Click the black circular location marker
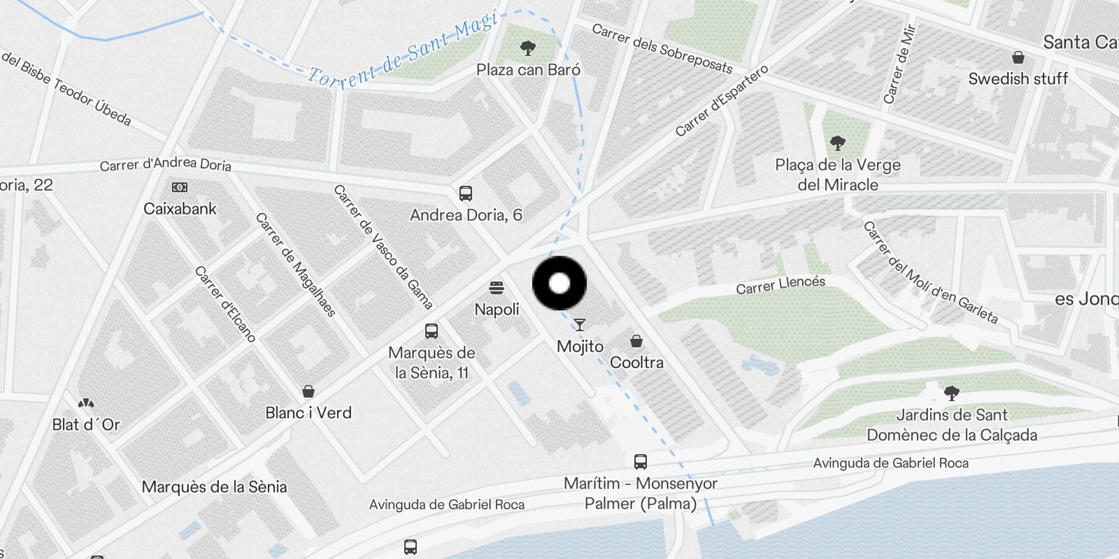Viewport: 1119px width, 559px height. click(x=559, y=283)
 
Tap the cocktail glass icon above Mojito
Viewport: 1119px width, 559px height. click(x=580, y=324)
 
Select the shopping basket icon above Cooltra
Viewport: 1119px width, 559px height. click(x=636, y=341)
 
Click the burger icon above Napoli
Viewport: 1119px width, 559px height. click(x=497, y=287)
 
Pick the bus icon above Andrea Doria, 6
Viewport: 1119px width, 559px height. click(x=465, y=194)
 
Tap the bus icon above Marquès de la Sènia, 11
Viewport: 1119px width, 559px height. click(x=432, y=331)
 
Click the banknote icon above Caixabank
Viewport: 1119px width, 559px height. click(x=180, y=187)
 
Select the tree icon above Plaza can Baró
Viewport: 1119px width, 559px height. click(x=528, y=48)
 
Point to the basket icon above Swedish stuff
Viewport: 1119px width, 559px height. click(x=1018, y=57)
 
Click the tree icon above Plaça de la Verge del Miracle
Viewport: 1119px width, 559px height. click(x=837, y=144)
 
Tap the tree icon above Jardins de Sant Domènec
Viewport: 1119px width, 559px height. click(x=951, y=393)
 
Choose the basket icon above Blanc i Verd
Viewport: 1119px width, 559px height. click(x=308, y=391)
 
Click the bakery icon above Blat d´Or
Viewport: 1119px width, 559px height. click(x=86, y=403)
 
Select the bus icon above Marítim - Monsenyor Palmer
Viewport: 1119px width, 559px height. click(x=640, y=461)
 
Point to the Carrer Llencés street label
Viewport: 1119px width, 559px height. click(x=781, y=284)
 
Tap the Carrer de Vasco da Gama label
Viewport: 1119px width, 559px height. click(x=383, y=246)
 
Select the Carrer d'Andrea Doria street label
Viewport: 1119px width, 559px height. click(x=165, y=164)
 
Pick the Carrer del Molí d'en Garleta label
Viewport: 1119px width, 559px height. click(x=929, y=272)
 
